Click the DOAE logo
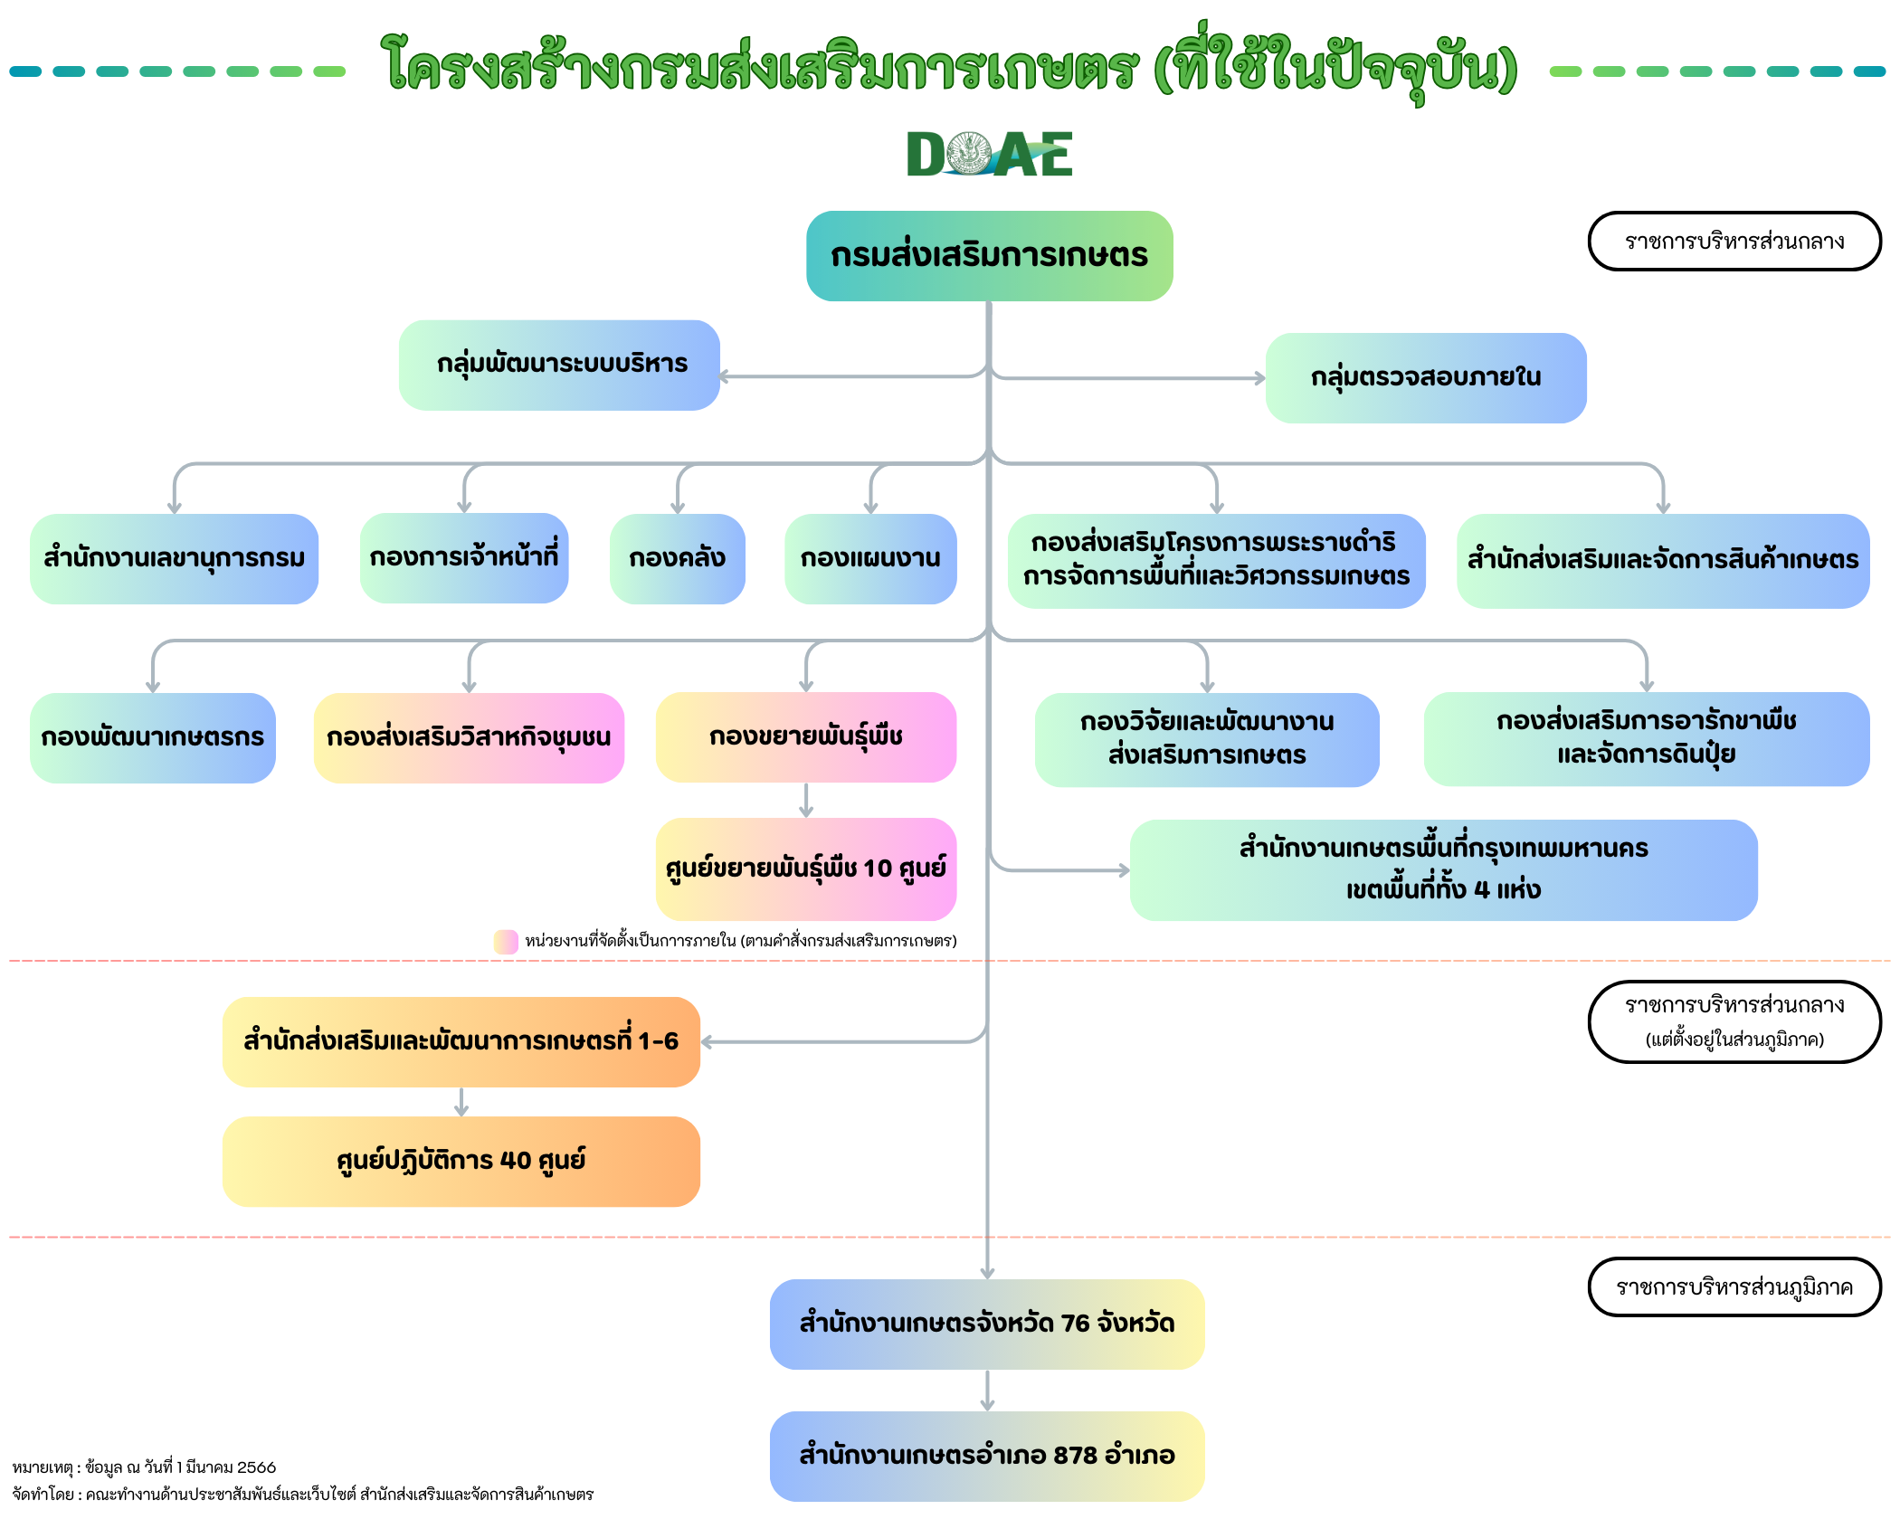pos(989,154)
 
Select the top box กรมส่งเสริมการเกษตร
pos(989,256)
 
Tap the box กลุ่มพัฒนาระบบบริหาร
pos(559,365)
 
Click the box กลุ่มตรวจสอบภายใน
pos(1425,377)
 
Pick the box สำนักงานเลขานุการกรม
pos(174,558)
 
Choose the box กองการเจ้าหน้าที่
pos(463,557)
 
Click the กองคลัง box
pos(677,558)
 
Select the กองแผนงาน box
pos(869,558)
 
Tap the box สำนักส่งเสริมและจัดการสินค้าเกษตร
pos(1662,560)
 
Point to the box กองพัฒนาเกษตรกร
pos(152,737)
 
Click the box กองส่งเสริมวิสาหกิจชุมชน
pos(468,737)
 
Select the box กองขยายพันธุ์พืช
pos(805,736)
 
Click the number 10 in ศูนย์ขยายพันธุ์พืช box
pos(878,869)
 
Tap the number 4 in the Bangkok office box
pos(1481,889)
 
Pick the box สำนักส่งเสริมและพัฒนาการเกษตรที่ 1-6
pos(461,1041)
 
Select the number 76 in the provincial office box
pos(1075,1324)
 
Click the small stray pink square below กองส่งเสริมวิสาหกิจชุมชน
pos(506,942)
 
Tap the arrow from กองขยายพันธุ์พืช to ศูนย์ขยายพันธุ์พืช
pos(806,801)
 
